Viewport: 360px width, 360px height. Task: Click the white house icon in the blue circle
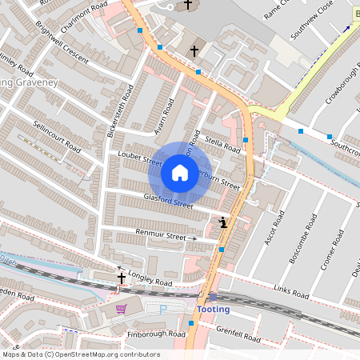(180, 173)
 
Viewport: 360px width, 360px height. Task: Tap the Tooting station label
(212, 310)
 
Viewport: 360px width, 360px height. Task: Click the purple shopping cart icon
(121, 308)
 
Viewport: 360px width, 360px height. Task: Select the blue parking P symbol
(163, 310)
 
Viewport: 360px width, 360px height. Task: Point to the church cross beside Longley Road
(122, 278)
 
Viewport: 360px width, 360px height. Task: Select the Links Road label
(290, 294)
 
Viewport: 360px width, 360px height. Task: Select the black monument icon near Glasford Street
(222, 222)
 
